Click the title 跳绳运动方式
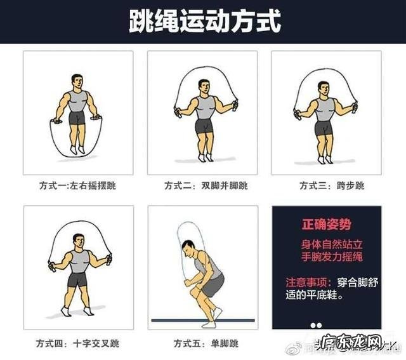pos(204,21)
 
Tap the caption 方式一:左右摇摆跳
pos(77,186)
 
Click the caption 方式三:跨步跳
pos(332,186)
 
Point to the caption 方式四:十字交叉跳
pos(77,343)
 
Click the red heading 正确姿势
pos(326,225)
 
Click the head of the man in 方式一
pos(77,82)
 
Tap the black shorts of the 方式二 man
pos(204,125)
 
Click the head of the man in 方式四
pos(79,242)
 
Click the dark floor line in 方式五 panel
pos(203,320)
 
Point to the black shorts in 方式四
pos(77,280)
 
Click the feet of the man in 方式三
pos(325,158)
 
